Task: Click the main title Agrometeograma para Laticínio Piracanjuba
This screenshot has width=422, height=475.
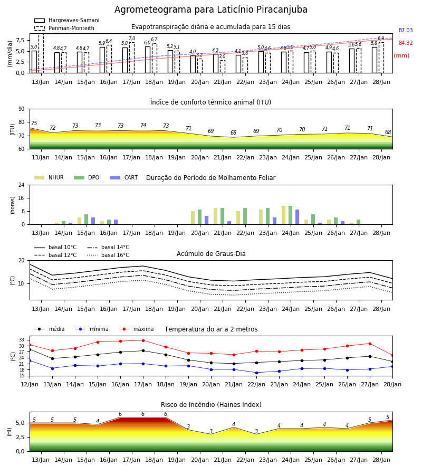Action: (x=210, y=9)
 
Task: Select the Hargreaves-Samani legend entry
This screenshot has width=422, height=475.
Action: (x=66, y=20)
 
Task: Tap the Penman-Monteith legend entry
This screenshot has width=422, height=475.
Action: (x=64, y=28)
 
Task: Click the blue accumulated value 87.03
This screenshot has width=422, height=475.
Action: (x=406, y=30)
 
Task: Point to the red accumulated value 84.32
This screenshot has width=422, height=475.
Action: (x=406, y=43)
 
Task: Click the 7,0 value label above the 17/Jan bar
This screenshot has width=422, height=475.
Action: (x=132, y=39)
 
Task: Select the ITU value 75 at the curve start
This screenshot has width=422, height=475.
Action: (x=34, y=123)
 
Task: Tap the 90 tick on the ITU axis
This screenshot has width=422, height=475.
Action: (x=22, y=109)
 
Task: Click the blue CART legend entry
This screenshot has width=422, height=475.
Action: (x=124, y=177)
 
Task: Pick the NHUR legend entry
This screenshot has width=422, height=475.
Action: (x=49, y=177)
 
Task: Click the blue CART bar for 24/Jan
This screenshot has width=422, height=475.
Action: (x=298, y=217)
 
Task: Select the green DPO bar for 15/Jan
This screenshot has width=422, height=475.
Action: (x=87, y=220)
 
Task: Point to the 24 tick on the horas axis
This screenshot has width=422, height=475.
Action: (x=22, y=185)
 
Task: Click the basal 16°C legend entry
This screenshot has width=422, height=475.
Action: (x=108, y=255)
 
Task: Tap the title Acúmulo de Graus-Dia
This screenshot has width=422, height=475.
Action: (x=211, y=253)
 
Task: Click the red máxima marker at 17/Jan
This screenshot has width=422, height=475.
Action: (x=143, y=340)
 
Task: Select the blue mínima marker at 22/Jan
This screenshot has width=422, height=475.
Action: (x=257, y=373)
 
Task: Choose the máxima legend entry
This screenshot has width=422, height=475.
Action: (x=136, y=329)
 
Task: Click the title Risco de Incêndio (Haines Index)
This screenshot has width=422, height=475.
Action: (x=211, y=405)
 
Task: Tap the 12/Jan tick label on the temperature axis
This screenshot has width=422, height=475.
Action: (x=30, y=384)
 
